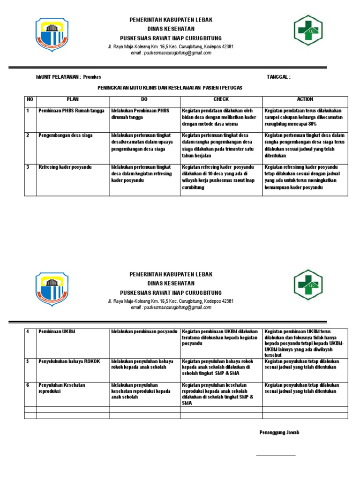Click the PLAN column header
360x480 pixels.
coord(73,99)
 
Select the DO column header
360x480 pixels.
coord(144,99)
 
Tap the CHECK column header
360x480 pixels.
coord(221,99)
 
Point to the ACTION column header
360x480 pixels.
coord(305,99)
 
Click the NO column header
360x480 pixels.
coord(30,99)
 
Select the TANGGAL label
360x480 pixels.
coord(278,76)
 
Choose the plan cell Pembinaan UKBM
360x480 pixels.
coord(57,332)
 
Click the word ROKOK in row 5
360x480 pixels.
coord(92,361)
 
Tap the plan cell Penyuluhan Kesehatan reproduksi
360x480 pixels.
coord(61,388)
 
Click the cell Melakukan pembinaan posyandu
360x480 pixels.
coord(144,332)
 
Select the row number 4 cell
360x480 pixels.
coord(28,332)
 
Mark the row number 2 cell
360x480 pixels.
coord(28,135)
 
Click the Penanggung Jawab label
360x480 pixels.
coord(279,432)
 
